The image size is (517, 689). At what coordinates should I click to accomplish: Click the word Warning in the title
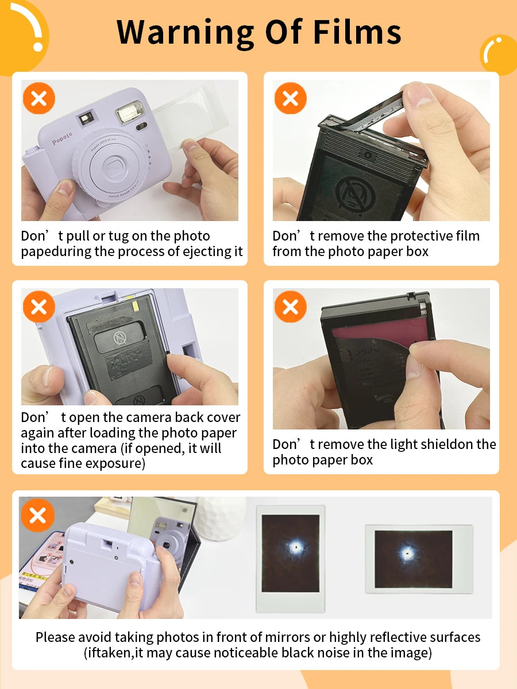pyautogui.click(x=185, y=33)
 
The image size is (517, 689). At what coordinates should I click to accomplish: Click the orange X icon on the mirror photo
pyautogui.click(x=38, y=515)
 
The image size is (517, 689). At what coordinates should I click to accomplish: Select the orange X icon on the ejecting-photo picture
pyautogui.click(x=39, y=98)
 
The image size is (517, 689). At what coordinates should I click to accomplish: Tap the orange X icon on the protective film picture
pyautogui.click(x=290, y=98)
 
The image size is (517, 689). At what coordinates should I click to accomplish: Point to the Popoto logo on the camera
pyautogui.click(x=62, y=138)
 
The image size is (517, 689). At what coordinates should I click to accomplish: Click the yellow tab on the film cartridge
pyautogui.click(x=136, y=307)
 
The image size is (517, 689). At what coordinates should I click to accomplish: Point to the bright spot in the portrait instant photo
pyautogui.click(x=295, y=548)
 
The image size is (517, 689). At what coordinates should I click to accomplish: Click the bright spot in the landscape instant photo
pyautogui.click(x=407, y=553)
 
